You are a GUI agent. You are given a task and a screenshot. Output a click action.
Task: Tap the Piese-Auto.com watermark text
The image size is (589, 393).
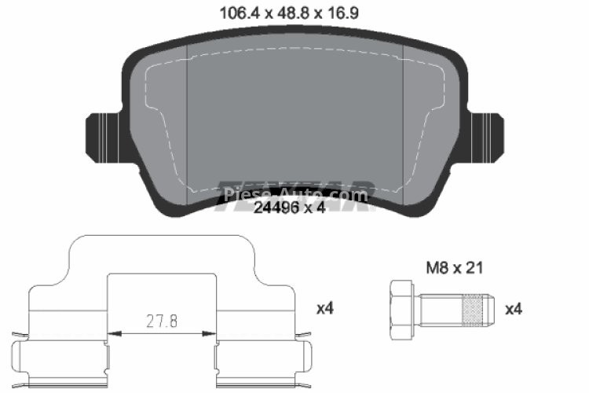tap(294, 193)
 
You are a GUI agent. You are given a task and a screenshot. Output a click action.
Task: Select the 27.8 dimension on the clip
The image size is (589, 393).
tap(163, 321)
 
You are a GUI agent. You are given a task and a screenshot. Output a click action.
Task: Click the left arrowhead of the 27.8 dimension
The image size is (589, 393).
tap(112, 334)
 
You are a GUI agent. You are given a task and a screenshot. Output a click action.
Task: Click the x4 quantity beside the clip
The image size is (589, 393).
tap(324, 309)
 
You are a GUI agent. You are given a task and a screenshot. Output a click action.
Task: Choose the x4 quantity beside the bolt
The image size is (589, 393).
tap(513, 309)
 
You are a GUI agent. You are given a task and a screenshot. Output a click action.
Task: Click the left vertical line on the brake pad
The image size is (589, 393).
tap(186, 126)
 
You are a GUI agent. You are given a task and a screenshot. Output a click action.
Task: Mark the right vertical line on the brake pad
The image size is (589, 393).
tap(402, 126)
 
